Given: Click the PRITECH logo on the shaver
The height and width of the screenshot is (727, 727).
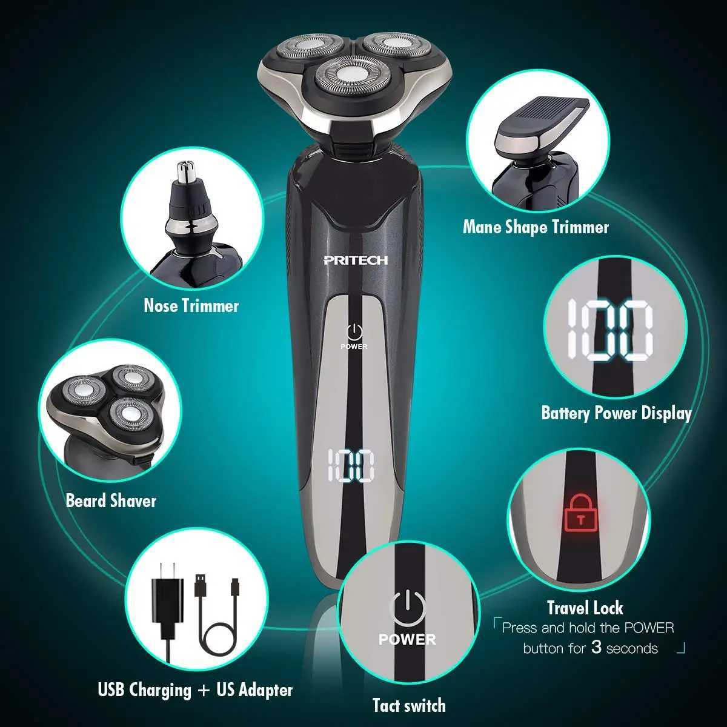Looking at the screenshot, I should [355, 260].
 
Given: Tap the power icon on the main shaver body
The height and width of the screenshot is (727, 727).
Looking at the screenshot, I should [354, 331].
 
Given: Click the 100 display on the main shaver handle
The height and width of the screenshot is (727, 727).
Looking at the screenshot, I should [351, 466].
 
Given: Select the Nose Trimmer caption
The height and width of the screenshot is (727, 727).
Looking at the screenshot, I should [191, 305].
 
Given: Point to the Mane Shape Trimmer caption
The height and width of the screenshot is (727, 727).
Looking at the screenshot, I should [536, 227].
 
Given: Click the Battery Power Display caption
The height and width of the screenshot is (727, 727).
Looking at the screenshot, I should [616, 413].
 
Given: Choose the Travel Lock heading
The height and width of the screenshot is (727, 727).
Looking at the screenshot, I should [585, 608].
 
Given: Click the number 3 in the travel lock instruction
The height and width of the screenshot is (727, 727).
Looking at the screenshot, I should [596, 648].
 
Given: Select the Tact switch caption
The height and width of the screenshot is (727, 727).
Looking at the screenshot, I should [409, 705].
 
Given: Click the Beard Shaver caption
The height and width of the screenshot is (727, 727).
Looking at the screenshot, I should [111, 501].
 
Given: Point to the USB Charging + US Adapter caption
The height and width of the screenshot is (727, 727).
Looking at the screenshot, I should [195, 690].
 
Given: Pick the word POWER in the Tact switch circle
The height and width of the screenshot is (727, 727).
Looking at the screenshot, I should [407, 640].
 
